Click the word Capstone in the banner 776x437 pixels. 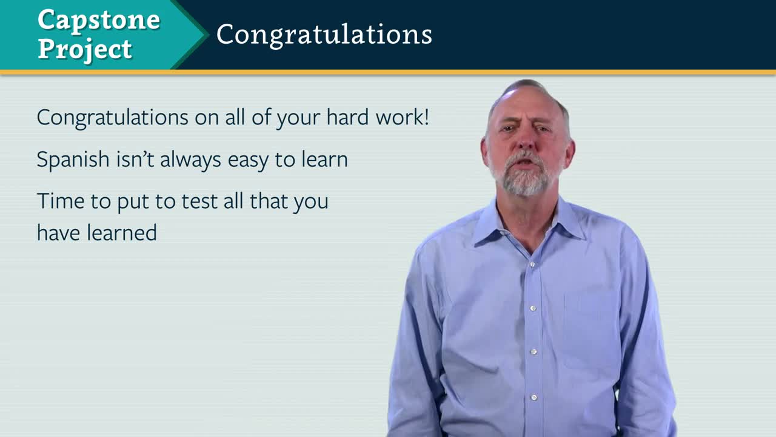click(x=99, y=21)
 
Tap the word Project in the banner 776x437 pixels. click(x=85, y=50)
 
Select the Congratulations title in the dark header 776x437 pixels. click(x=324, y=35)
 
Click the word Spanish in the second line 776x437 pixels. click(x=73, y=160)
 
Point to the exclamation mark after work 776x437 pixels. click(x=426, y=117)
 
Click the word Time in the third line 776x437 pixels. click(x=61, y=201)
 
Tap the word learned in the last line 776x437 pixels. click(x=122, y=232)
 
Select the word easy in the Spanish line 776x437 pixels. click(x=248, y=161)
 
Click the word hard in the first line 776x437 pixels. click(x=348, y=117)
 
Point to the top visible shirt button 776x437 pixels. click(x=532, y=265)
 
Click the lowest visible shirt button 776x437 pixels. click(x=534, y=398)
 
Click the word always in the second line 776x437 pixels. click(x=190, y=160)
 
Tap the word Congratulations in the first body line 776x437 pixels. click(x=113, y=118)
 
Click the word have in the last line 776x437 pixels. click(x=59, y=232)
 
